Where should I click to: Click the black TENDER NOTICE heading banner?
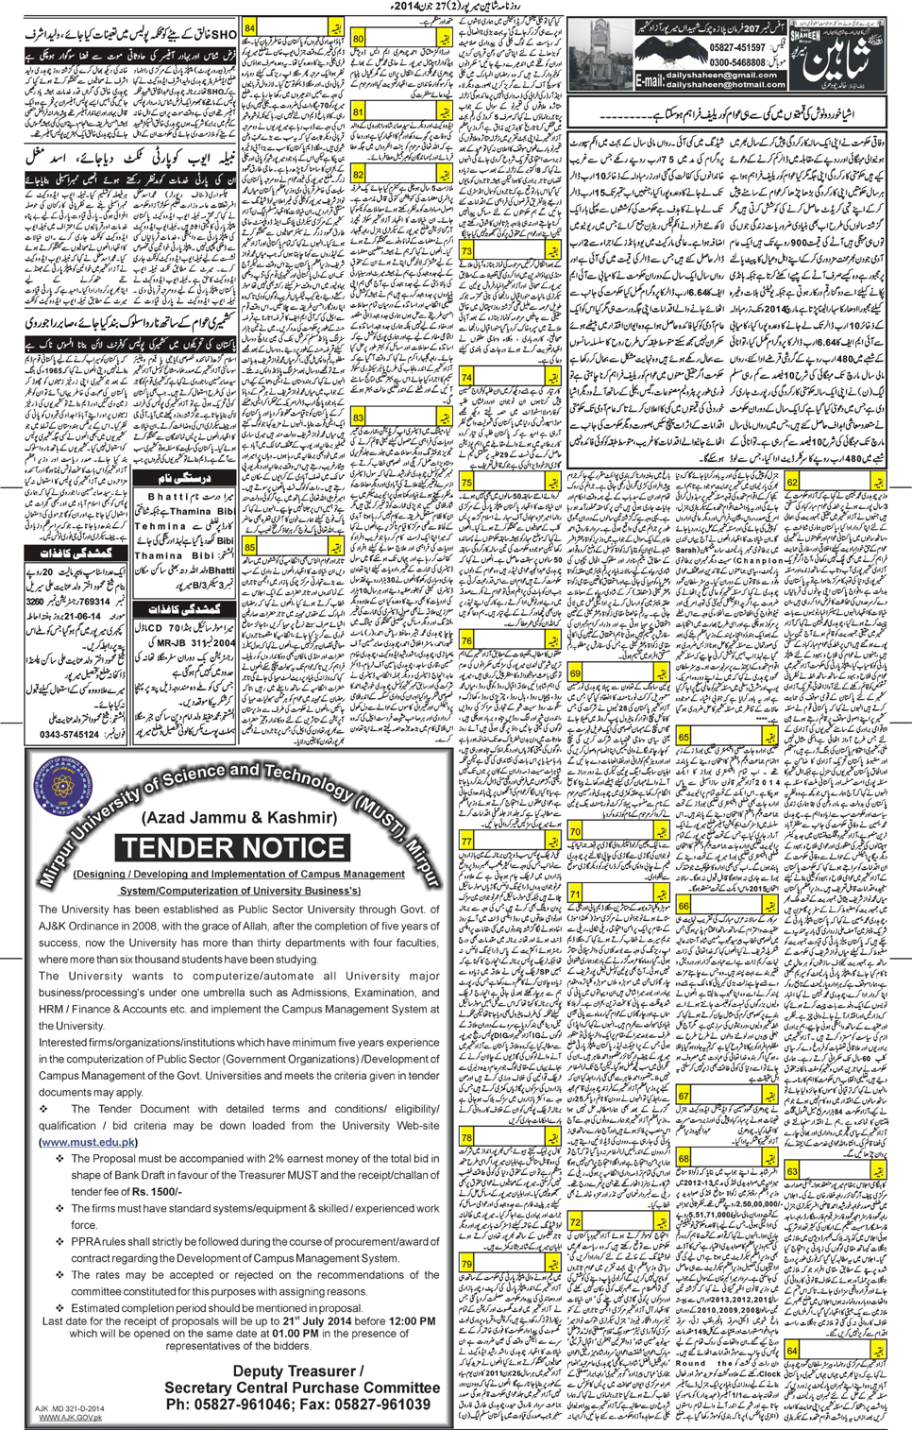click(x=232, y=847)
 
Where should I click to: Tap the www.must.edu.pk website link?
click(x=88, y=1142)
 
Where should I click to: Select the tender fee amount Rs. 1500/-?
click(x=157, y=1191)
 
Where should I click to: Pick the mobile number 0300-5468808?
click(x=737, y=62)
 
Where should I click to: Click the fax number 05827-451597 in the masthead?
click(x=737, y=47)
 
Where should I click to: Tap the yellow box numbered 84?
click(x=250, y=28)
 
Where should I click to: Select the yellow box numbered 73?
click(x=466, y=252)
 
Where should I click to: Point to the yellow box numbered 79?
click(x=466, y=1264)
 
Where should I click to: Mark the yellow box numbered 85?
click(x=250, y=547)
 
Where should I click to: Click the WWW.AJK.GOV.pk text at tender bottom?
click(x=70, y=1418)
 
